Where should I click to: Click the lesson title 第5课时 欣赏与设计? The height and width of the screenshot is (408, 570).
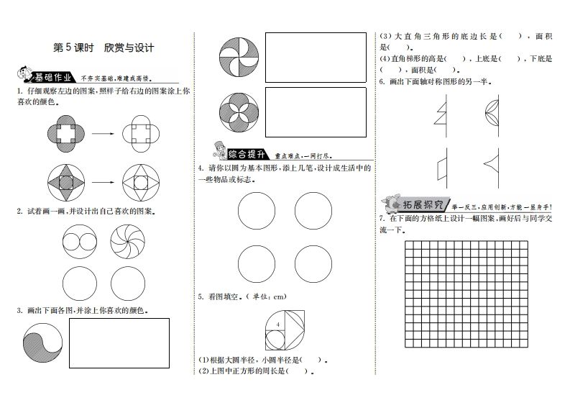click(104, 48)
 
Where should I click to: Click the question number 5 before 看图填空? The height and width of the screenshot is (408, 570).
click(200, 296)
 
